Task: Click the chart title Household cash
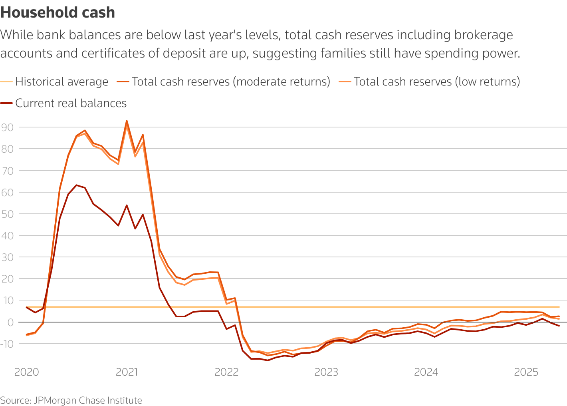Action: (x=57, y=13)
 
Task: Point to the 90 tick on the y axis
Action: (x=8, y=127)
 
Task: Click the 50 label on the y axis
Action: (x=8, y=214)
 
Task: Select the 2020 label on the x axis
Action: (x=26, y=372)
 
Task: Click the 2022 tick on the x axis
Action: (x=226, y=372)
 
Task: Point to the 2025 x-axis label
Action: (x=526, y=372)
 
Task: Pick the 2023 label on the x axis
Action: (x=326, y=372)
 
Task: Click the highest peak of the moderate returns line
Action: (x=127, y=121)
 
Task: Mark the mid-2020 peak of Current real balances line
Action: (x=76, y=185)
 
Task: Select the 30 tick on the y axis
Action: (x=8, y=257)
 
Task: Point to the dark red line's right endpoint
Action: (x=559, y=326)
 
